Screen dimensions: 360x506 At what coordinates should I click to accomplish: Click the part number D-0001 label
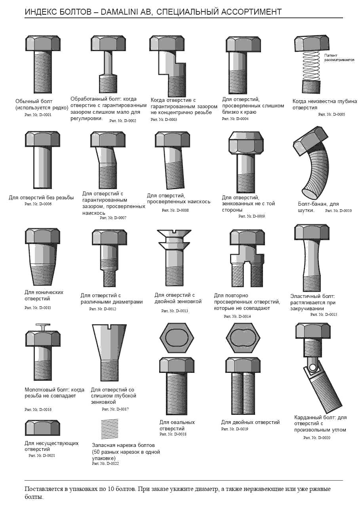tap(38, 115)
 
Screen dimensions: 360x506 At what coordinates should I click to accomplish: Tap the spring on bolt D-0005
tap(311, 65)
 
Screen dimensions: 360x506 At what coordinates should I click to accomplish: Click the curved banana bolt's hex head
tap(311, 141)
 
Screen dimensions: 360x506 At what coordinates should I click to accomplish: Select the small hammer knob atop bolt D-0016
tap(43, 327)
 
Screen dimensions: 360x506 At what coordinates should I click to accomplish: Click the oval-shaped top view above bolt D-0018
tap(177, 338)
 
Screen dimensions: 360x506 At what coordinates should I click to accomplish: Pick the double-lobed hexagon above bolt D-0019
tap(243, 338)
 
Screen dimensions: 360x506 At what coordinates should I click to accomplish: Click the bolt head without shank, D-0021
tap(43, 428)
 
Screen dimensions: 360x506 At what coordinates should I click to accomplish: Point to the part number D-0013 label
tap(175, 311)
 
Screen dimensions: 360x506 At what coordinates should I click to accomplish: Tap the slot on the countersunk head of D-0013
tap(174, 231)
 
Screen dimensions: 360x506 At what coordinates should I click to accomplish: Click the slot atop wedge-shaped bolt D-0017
tap(109, 327)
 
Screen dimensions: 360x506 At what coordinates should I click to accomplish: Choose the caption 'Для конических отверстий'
tap(44, 296)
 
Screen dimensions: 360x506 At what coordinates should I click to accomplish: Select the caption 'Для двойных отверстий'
tap(250, 422)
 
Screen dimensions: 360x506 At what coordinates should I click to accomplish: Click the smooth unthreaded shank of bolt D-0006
tap(43, 167)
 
